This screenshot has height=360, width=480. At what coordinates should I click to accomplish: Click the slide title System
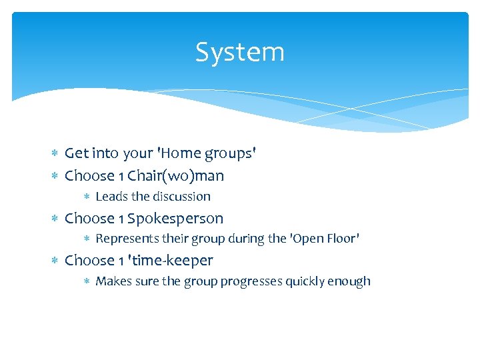tap(240, 52)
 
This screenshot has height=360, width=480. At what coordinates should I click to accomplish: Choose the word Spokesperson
tap(175, 219)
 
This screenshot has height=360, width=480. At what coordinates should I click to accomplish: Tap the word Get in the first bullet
tap(76, 153)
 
